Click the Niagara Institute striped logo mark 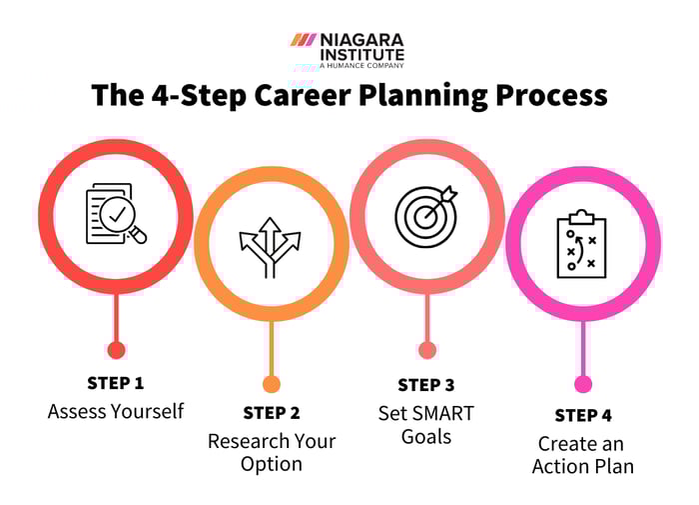pos(303,40)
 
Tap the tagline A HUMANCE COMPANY pos(361,65)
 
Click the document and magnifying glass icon pos(116,212)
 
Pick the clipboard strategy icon pos(582,246)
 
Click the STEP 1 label pos(116,382)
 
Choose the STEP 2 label pos(272,412)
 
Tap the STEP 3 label pos(426,385)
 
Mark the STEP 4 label pos(583,415)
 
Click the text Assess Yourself pos(116,411)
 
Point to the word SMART pos(440,412)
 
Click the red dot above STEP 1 pos(116,350)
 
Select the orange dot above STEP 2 pos(272,384)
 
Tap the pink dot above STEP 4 pos(583,384)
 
